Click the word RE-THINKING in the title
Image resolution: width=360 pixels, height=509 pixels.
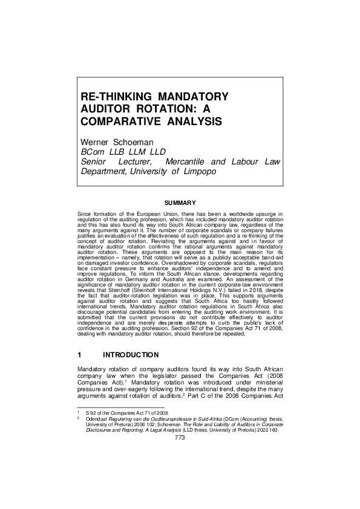(115, 97)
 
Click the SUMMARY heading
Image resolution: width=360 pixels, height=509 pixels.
(180, 203)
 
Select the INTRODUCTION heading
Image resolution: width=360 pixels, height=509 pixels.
(131, 355)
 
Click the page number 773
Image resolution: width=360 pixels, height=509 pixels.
(179, 438)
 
